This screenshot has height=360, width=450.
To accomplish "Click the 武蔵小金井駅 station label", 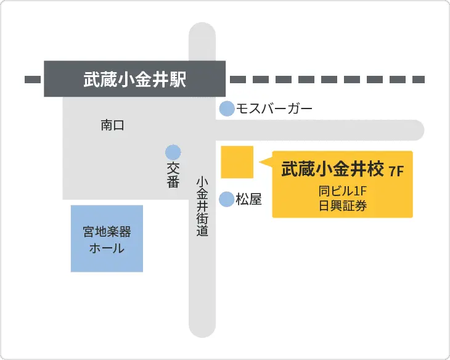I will tap(134, 80).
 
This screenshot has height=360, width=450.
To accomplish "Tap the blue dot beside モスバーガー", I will tap(227, 109).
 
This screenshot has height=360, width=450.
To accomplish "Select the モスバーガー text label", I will tap(274, 109).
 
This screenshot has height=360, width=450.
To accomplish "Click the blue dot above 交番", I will tap(173, 151).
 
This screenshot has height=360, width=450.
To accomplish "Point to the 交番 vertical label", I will tap(173, 175).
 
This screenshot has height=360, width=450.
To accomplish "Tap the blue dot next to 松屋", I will tap(227, 199).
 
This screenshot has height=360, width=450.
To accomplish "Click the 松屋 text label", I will tap(250, 199).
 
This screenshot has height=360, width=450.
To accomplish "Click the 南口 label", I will tap(112, 126).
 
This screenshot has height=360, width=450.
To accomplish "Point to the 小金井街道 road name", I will tap(202, 207).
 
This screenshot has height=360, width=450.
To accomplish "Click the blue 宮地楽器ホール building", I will tap(107, 239).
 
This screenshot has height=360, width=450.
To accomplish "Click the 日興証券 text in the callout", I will tap(343, 206).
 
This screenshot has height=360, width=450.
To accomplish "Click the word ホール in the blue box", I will tap(107, 249).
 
